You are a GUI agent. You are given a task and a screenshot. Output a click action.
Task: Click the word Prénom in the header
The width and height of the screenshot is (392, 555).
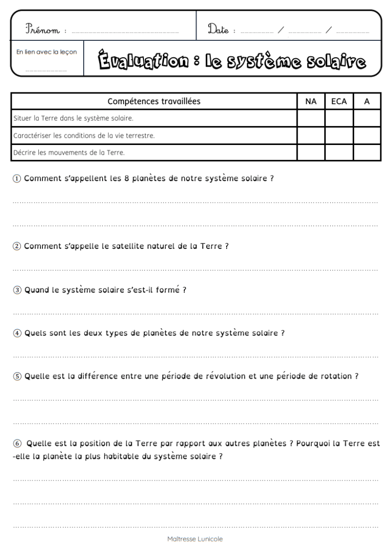tap(42, 30)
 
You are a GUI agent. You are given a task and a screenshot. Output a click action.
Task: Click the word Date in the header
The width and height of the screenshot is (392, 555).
tap(218, 30)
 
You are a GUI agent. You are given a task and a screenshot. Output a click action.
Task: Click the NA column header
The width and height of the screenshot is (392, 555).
tap(311, 102)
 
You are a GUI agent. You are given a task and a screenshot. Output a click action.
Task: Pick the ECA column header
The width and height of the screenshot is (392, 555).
tap(339, 102)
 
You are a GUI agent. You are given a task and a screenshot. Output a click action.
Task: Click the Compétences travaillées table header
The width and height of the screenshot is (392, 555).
tap(154, 102)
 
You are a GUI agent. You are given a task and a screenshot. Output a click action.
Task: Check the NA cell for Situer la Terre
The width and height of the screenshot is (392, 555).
tap(311, 118)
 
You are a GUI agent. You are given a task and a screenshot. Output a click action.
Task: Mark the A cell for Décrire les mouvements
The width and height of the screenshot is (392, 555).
tap(367, 152)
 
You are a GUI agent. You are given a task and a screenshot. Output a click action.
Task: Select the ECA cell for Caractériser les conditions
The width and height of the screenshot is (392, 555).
tap(339, 135)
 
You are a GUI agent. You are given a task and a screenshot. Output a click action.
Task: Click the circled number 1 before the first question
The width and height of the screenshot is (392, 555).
tap(17, 179)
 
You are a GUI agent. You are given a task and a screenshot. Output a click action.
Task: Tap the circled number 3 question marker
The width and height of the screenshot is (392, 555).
tap(17, 290)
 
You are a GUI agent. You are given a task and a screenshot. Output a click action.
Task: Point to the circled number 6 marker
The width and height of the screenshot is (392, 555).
tap(17, 444)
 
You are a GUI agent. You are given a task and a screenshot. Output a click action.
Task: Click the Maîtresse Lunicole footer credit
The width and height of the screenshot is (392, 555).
tap(195, 539)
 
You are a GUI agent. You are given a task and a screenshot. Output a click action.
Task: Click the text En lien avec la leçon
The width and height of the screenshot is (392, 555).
tap(46, 52)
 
